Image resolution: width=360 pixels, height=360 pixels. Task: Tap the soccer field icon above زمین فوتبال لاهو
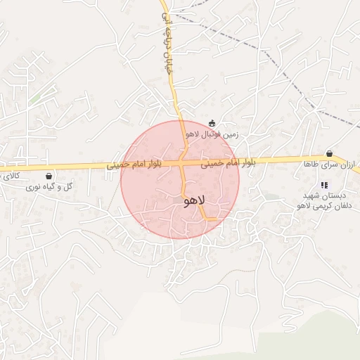point(212,123)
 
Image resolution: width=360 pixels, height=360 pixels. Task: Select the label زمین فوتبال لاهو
point(212,134)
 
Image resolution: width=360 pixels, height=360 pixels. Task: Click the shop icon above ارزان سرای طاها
point(329,154)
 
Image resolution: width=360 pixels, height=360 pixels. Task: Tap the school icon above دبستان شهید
point(323,185)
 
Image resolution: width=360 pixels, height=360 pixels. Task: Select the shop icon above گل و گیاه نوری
point(49,176)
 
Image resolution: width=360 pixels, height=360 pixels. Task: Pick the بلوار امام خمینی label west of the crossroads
point(135,166)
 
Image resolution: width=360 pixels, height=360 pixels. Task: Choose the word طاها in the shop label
point(311,164)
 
